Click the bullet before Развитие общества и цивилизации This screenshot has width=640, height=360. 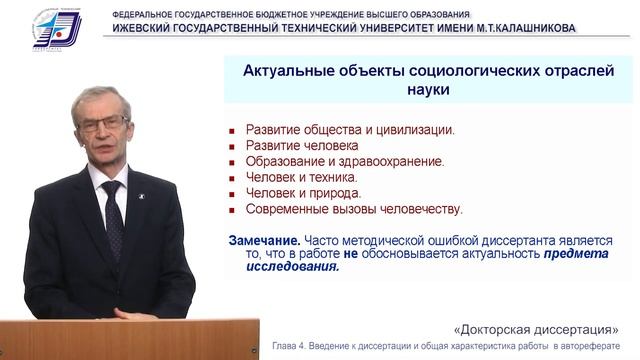click(232, 131)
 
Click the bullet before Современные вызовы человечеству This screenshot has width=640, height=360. click(232, 211)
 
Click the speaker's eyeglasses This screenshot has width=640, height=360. click(104, 122)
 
